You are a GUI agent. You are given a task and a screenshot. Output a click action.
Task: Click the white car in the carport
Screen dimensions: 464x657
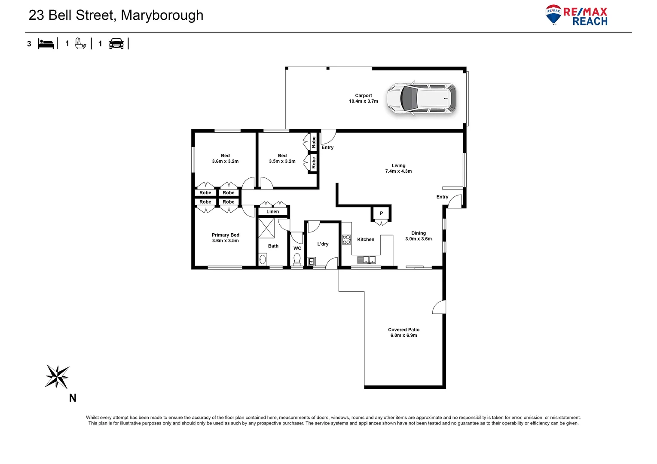421,98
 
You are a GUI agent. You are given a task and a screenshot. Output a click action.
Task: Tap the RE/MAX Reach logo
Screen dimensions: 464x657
577,15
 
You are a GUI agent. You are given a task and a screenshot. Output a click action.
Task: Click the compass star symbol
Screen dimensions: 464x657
57,376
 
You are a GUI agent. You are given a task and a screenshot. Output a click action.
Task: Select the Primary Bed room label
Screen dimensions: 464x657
225,235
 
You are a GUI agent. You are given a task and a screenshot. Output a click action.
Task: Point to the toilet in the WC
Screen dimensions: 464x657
297,259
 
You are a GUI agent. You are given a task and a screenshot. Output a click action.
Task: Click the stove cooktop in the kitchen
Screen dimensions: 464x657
346,240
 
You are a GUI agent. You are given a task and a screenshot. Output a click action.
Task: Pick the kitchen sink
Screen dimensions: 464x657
366,259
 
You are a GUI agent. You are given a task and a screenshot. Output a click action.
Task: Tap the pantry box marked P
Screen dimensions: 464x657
381,214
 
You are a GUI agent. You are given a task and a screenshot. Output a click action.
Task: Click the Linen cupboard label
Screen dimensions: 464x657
272,212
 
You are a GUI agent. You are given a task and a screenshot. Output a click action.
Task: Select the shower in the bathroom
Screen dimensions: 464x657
266,228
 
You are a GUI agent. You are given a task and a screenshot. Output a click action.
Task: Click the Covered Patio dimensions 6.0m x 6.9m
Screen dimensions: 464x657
403,336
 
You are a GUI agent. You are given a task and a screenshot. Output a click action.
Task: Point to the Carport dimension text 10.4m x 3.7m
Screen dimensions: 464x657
364,101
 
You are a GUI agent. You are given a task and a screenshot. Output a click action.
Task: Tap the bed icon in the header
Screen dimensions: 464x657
46,43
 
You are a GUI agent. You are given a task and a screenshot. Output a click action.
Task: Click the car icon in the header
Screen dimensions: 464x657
116,43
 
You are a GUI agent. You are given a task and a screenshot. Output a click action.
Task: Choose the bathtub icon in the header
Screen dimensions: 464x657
80,43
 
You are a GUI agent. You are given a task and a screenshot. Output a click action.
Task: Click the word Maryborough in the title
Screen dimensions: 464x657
162,15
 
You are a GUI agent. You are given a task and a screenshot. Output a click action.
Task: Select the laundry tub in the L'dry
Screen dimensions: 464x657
312,261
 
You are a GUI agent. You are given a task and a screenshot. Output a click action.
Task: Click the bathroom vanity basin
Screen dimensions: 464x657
262,259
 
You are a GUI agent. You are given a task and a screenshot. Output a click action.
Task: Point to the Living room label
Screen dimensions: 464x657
398,165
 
